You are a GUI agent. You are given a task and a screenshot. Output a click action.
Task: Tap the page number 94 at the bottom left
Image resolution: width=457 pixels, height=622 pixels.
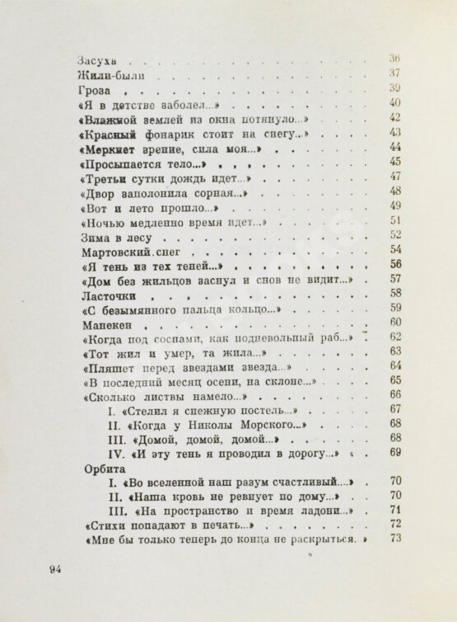(x=56, y=568)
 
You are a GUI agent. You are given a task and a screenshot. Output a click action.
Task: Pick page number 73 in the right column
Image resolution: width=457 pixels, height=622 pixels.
(x=394, y=540)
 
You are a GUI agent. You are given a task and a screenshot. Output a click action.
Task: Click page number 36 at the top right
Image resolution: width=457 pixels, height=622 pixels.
(x=394, y=59)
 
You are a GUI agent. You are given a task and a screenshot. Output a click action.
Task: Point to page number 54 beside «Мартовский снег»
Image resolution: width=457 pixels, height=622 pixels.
(x=394, y=249)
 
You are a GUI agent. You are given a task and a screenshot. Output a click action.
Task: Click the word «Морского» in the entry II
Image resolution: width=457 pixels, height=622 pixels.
(x=265, y=423)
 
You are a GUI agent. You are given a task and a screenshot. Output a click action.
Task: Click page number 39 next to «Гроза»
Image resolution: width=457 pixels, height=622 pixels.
(x=394, y=88)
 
